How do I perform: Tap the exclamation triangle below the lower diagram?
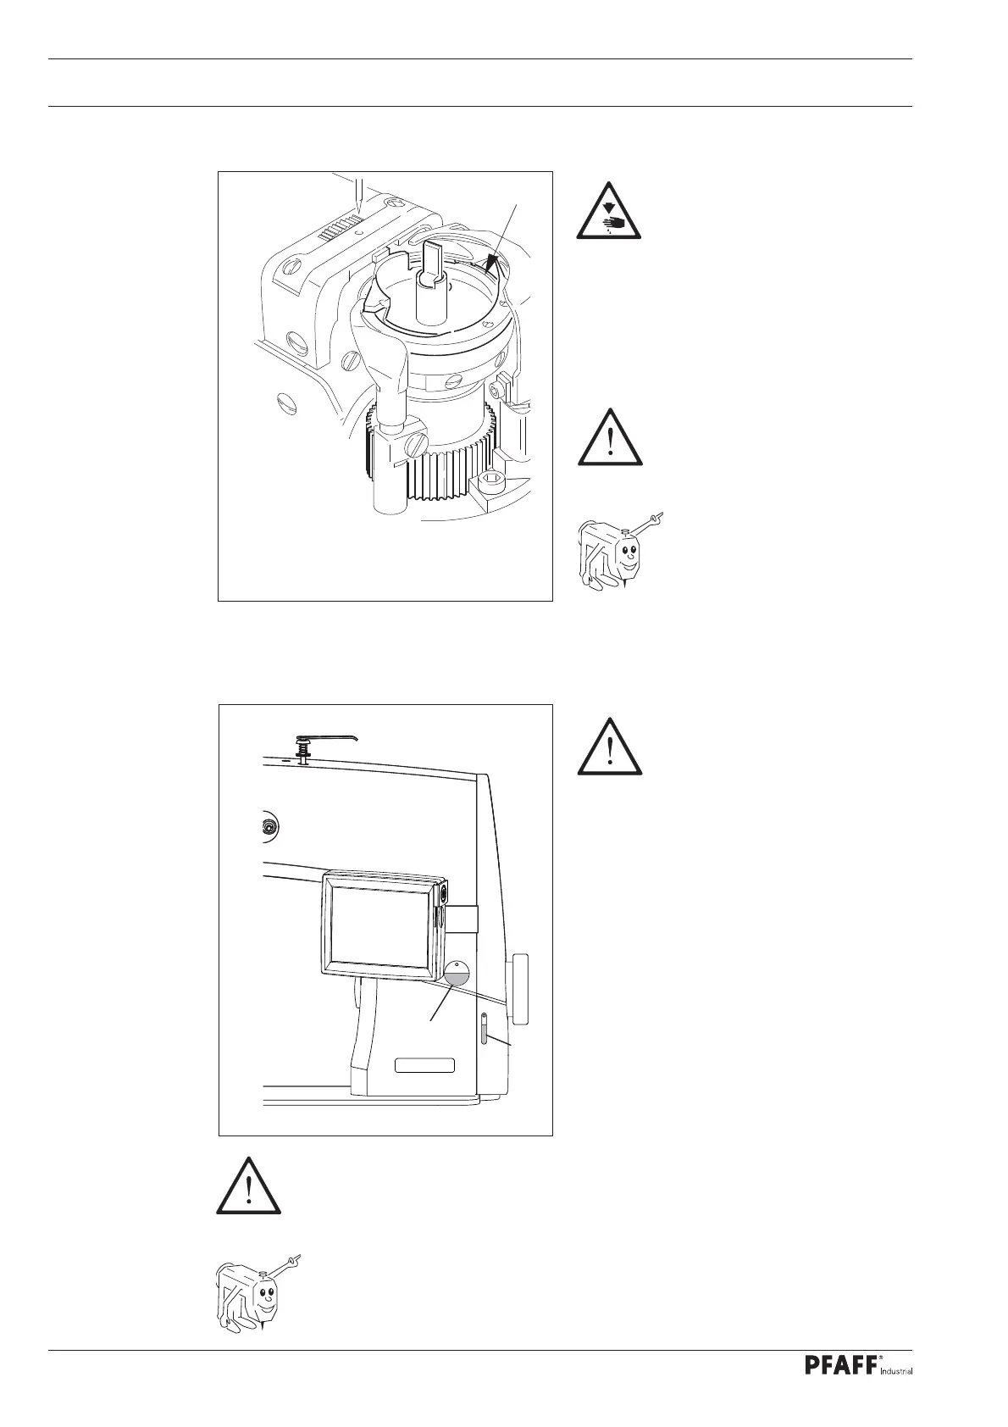248,1185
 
